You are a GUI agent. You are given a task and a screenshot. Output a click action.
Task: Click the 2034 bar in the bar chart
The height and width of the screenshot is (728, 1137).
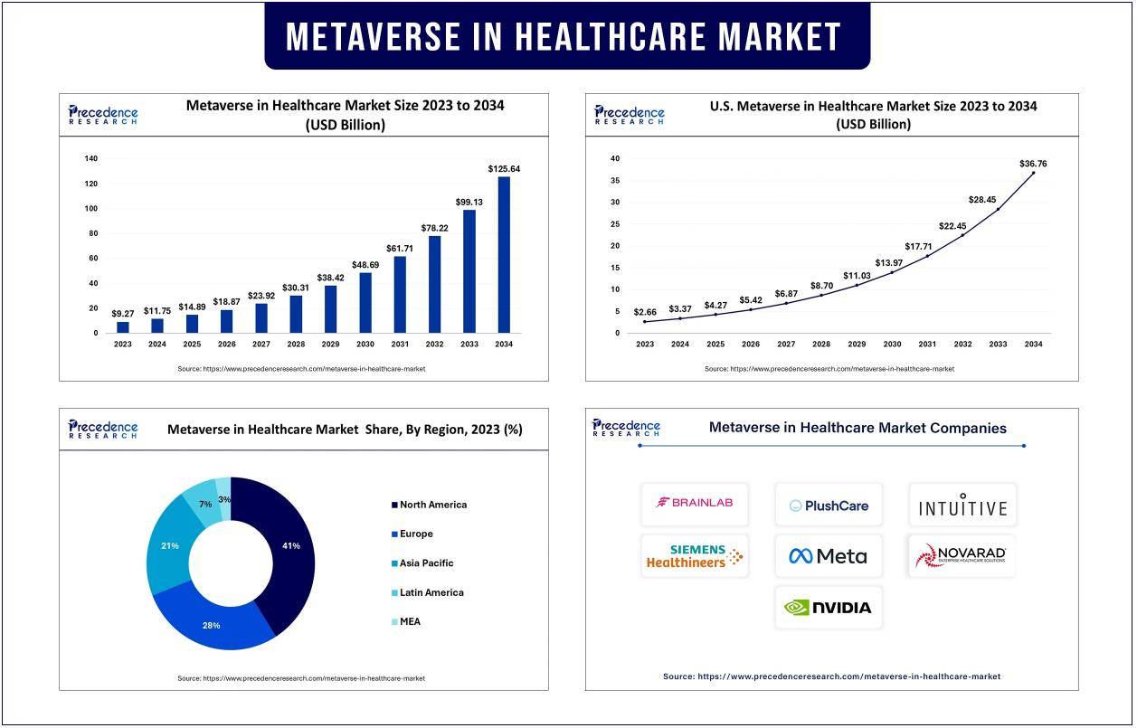(504, 255)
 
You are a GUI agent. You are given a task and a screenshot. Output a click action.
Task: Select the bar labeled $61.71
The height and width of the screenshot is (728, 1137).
(399, 295)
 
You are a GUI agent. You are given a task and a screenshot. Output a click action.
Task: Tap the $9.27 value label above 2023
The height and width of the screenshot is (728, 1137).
(123, 314)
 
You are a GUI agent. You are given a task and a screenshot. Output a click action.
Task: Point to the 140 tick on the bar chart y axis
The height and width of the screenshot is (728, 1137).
(91, 158)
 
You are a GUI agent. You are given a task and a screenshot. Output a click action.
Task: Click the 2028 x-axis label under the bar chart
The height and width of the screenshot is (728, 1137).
(296, 345)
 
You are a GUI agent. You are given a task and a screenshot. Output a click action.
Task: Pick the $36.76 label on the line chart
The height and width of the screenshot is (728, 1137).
(1032, 164)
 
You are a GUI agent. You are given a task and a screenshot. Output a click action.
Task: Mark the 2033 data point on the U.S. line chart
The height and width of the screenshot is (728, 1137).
(998, 210)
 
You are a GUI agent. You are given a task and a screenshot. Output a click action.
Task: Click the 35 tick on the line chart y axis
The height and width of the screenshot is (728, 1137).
(615, 180)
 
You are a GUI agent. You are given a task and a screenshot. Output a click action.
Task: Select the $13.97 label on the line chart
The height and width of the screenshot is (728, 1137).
(892, 262)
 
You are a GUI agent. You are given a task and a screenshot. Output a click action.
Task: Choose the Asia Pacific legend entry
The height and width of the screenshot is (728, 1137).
(426, 563)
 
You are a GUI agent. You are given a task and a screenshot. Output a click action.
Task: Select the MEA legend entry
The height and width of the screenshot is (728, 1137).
(409, 622)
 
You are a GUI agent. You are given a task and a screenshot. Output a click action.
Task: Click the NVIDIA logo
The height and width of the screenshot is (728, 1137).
(828, 608)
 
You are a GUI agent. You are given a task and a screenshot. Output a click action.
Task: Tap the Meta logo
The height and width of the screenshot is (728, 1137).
(828, 556)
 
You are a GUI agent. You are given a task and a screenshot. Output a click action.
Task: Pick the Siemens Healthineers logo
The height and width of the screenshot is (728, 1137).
(695, 556)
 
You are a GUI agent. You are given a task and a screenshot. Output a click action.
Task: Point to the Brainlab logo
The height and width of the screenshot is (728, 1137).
(695, 503)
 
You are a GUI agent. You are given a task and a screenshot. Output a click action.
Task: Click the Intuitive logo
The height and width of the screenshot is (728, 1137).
(962, 505)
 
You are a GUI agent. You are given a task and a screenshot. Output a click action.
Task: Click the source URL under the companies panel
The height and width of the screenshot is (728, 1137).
(831, 676)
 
